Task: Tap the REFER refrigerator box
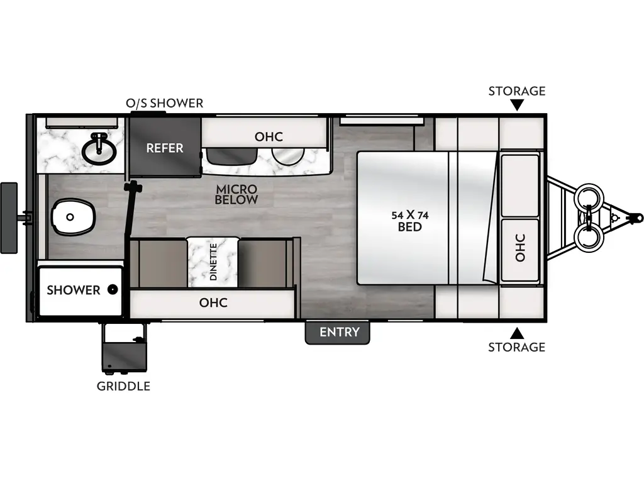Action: (x=165, y=148)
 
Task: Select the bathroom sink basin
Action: (x=99, y=148)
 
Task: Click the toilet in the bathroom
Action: (x=74, y=217)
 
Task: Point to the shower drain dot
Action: (x=112, y=290)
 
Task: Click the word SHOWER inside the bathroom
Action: (x=73, y=290)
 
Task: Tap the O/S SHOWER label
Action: (x=165, y=103)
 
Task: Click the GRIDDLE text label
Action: (x=123, y=386)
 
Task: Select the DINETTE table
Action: (x=213, y=261)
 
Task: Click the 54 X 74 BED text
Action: (x=409, y=221)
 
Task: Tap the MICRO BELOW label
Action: (x=236, y=194)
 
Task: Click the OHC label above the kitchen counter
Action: (x=269, y=136)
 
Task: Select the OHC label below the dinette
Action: (x=213, y=303)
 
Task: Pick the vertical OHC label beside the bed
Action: (x=520, y=248)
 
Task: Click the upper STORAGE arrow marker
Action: (x=517, y=105)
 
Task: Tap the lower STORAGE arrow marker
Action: (x=517, y=332)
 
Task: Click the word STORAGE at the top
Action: (x=517, y=91)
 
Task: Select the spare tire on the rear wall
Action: (x=9, y=217)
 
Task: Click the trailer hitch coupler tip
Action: (x=638, y=218)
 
